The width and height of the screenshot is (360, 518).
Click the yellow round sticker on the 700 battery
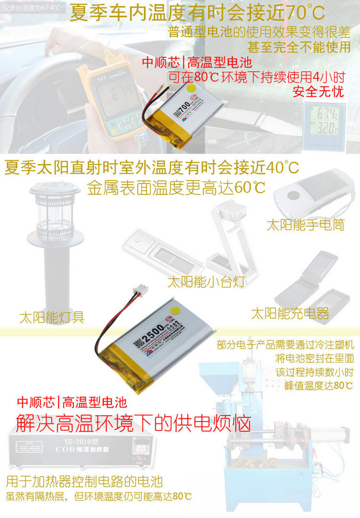pyautogui.click(x=191, y=88)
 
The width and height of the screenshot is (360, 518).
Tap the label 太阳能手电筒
pyautogui.click(x=305, y=225)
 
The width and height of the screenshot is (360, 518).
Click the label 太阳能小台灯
pyautogui.click(x=206, y=282)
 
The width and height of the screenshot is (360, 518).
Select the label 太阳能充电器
pyautogui.click(x=290, y=313)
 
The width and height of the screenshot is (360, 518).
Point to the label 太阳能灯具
pyautogui.click(x=52, y=317)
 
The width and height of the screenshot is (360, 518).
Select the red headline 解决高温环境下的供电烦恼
pyautogui.click(x=133, y=423)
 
